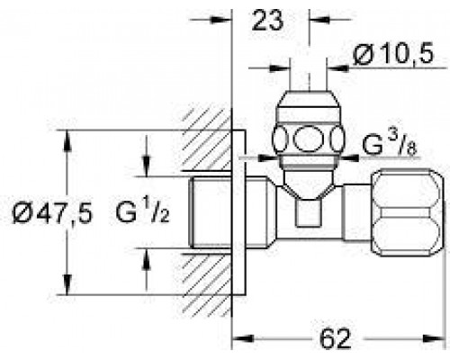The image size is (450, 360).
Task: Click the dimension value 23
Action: click(267, 20)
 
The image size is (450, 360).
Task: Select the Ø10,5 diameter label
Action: click(393, 54)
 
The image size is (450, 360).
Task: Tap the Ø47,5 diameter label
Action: click(52, 213)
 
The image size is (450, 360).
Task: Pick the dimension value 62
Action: click(335, 339)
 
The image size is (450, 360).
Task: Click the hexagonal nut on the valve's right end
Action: click(408, 213)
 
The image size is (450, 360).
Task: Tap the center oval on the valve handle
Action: click(308, 139)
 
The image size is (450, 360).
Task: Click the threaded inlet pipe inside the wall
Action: click(210, 212)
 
